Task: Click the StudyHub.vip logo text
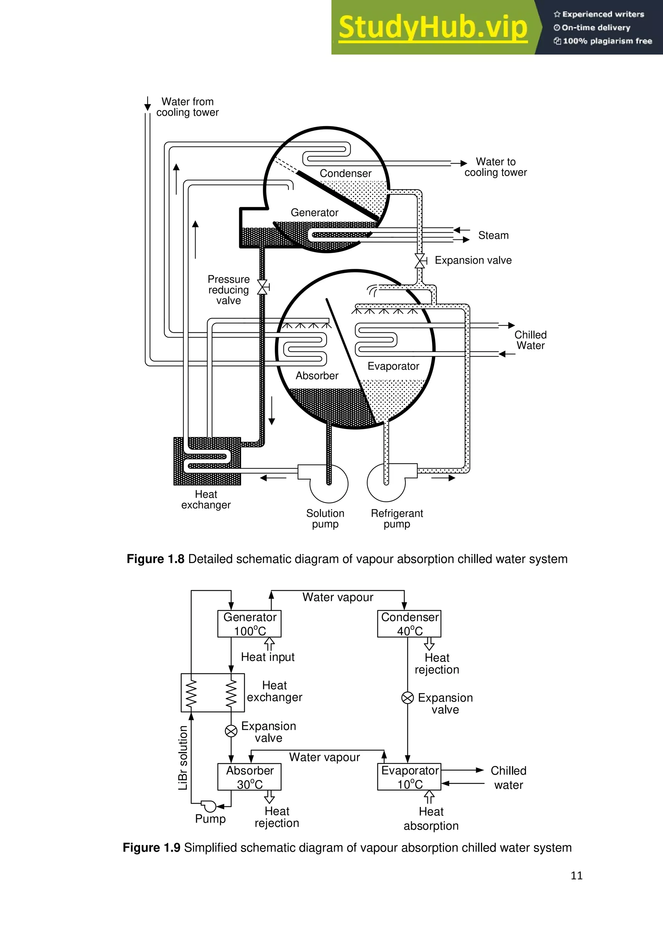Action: pyautogui.click(x=433, y=28)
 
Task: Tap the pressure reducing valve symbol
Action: pyautogui.click(x=262, y=287)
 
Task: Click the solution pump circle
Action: pyautogui.click(x=329, y=484)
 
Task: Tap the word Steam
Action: pyautogui.click(x=493, y=236)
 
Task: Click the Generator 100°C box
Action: pyautogui.click(x=250, y=623)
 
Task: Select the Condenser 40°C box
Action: pyautogui.click(x=409, y=623)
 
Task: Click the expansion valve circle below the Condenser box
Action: pyautogui.click(x=408, y=698)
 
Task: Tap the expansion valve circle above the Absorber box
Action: pyautogui.click(x=231, y=731)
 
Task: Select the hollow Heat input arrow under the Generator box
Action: pyautogui.click(x=269, y=645)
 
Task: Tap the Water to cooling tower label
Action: pyautogui.click(x=495, y=167)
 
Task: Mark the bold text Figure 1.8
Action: pyautogui.click(x=155, y=559)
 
